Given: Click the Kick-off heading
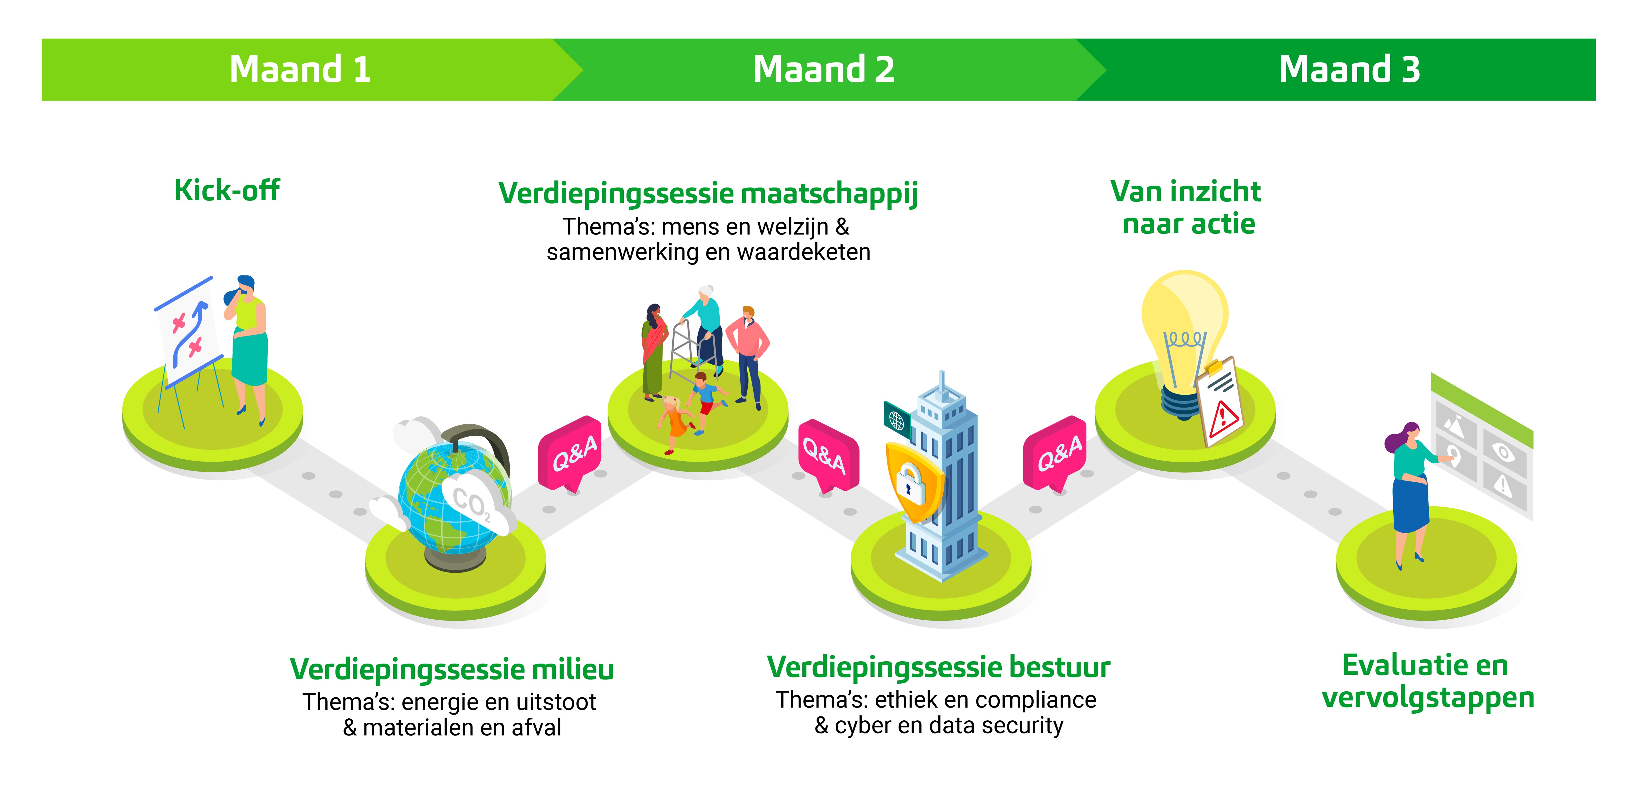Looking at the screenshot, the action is tap(227, 190).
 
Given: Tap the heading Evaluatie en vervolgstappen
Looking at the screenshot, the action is tap(1428, 681).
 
